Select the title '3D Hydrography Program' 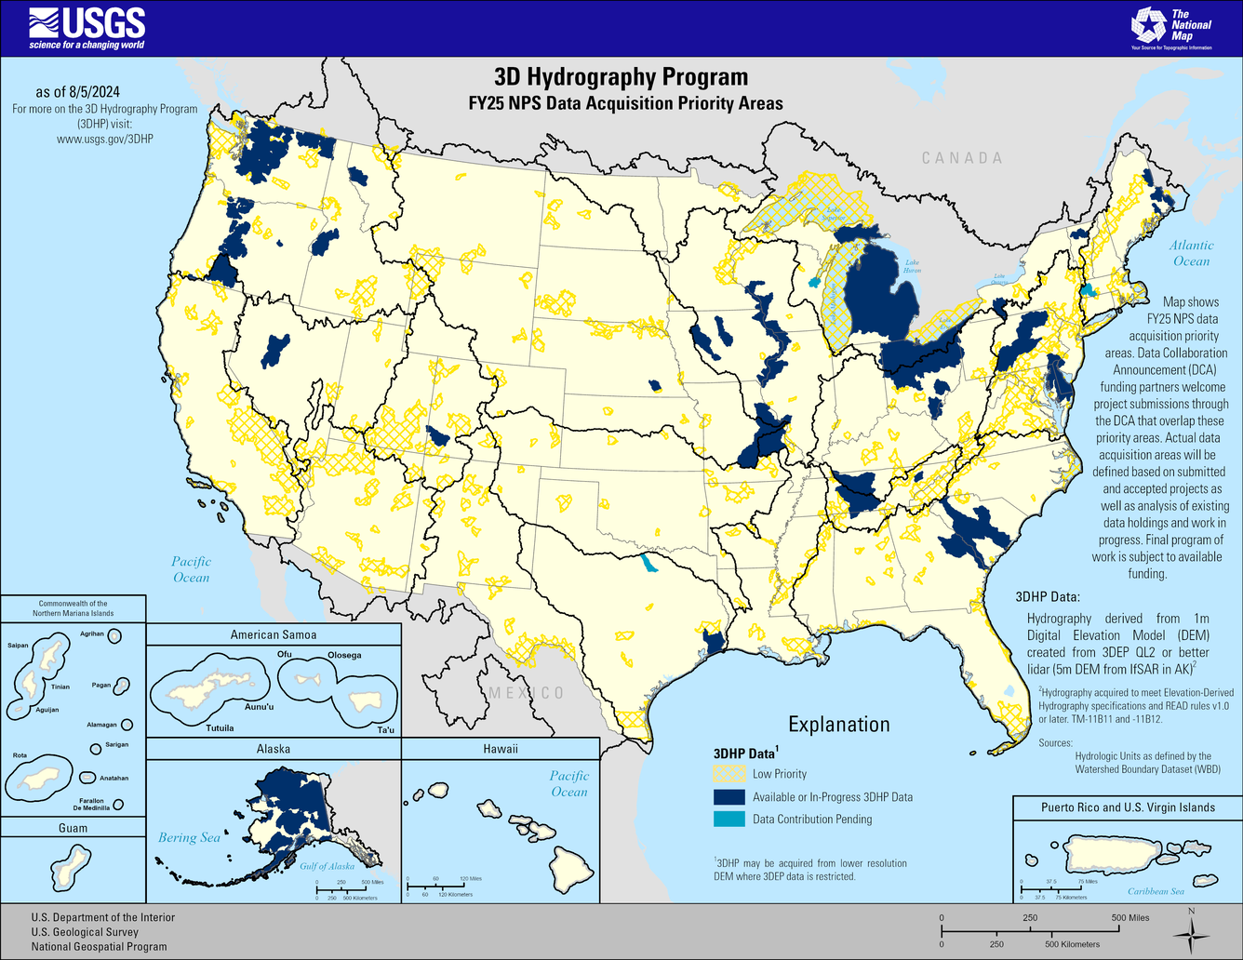click(621, 76)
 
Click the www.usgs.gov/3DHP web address click(104, 139)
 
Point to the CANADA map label click(962, 158)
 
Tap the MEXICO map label click(527, 693)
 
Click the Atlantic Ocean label click(1191, 253)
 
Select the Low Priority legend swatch click(729, 774)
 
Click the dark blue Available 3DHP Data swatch click(729, 797)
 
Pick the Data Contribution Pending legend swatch click(729, 820)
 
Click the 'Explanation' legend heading click(839, 725)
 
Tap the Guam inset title click(73, 828)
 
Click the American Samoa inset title click(274, 634)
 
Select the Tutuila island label click(220, 727)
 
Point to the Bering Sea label click(189, 837)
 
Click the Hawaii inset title click(501, 749)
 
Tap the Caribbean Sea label click(1156, 891)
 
